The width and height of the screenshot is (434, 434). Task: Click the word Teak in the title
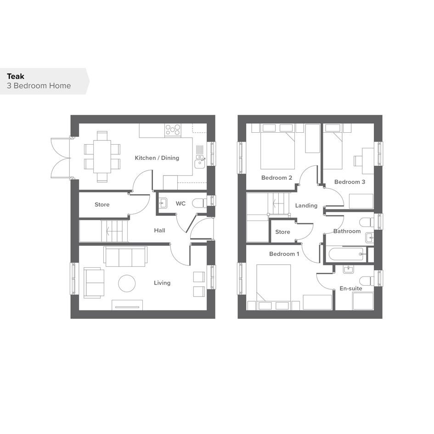pyautogui.click(x=16, y=76)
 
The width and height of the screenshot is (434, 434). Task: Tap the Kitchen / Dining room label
pyautogui.click(x=157, y=158)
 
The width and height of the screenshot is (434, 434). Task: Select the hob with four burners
pyautogui.click(x=173, y=130)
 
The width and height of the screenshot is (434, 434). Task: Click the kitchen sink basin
pyautogui.click(x=199, y=164)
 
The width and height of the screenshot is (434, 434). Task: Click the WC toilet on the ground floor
pyautogui.click(x=199, y=203)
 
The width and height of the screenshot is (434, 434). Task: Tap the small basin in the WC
pyautogui.click(x=163, y=203)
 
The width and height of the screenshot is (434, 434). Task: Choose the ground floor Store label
pyautogui.click(x=102, y=204)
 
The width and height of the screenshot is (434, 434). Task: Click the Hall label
pyautogui.click(x=159, y=230)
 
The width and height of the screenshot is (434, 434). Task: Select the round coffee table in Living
pyautogui.click(x=127, y=283)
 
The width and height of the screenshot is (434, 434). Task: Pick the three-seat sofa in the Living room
pyautogui.click(x=125, y=256)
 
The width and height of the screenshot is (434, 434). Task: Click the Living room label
pyautogui.click(x=162, y=283)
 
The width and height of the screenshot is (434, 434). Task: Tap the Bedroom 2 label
pyautogui.click(x=276, y=178)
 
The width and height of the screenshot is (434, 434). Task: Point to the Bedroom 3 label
pyautogui.click(x=349, y=182)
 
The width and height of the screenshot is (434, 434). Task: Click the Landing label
pyautogui.click(x=306, y=205)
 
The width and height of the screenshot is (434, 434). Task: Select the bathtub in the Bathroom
pyautogui.click(x=346, y=254)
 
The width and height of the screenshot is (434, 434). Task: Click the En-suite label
pyautogui.click(x=351, y=288)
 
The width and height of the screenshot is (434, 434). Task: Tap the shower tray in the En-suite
pyautogui.click(x=363, y=301)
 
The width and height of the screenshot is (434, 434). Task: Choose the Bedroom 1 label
pyautogui.click(x=284, y=254)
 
